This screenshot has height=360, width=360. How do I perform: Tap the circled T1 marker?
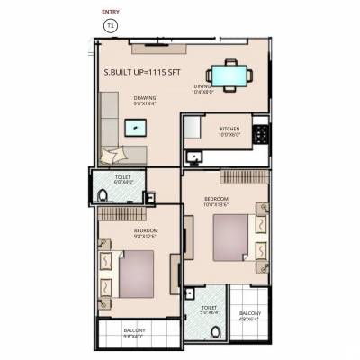tap(111, 28)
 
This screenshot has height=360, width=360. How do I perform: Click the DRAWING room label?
tap(146, 100)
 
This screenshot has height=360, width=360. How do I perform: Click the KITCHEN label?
tap(230, 130)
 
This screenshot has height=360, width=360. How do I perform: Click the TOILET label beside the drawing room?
tap(122, 178)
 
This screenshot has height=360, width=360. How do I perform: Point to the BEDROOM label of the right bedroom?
tap(216, 198)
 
